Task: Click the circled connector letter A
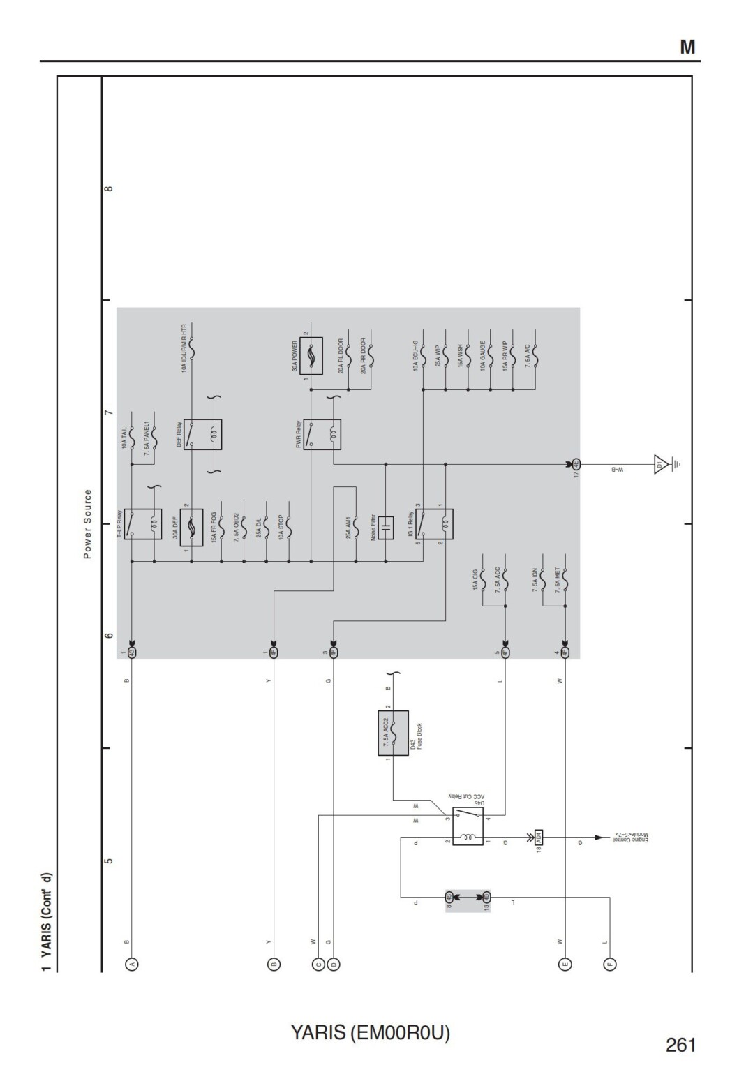pyautogui.click(x=131, y=965)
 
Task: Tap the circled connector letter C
pyautogui.click(x=319, y=965)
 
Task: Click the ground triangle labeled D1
pyautogui.click(x=660, y=464)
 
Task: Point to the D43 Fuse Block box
pyautogui.click(x=393, y=735)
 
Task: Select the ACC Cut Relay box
pyautogui.click(x=468, y=826)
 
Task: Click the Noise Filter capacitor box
pyautogui.click(x=385, y=528)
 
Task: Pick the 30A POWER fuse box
pyautogui.click(x=311, y=356)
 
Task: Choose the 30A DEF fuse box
pyautogui.click(x=191, y=528)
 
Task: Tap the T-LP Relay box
pyautogui.click(x=143, y=524)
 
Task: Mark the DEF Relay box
pyautogui.click(x=203, y=434)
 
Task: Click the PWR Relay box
pyautogui.click(x=322, y=434)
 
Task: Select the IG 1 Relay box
pyautogui.click(x=434, y=524)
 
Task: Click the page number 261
pyautogui.click(x=680, y=1045)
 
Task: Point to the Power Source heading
pyautogui.click(x=88, y=524)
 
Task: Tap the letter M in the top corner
pyautogui.click(x=687, y=47)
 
